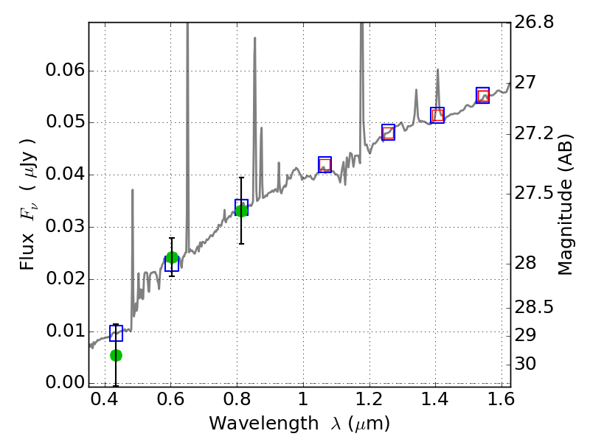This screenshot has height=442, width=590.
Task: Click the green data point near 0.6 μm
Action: pos(172,257)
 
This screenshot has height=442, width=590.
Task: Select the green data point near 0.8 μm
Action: pos(241,211)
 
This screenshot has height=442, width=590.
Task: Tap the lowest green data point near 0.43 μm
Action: pos(116,355)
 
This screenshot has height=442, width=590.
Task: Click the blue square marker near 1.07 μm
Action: pos(324,164)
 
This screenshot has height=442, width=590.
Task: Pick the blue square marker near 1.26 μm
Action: pos(388,132)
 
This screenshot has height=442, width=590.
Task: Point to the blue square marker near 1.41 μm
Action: pos(437,115)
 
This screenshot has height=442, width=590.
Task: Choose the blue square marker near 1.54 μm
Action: pos(482,95)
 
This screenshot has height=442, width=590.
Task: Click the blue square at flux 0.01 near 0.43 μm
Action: pos(116,333)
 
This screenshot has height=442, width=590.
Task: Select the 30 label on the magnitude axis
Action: pos(535,364)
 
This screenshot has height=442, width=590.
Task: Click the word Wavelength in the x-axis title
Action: pos(252,424)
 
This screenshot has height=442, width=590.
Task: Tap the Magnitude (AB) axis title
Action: pos(566,205)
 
